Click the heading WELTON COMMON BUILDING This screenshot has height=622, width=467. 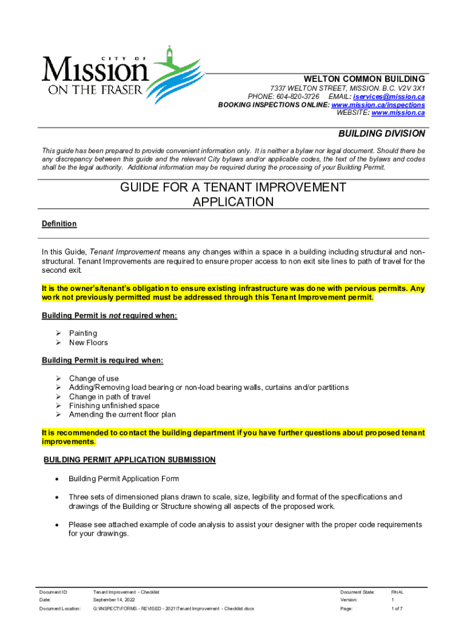[x=365, y=79]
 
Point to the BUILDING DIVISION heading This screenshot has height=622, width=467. [x=381, y=134]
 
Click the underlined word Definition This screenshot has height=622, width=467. [x=59, y=224]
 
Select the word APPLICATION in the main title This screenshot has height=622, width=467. [x=233, y=202]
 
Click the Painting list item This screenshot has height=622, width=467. [x=83, y=333]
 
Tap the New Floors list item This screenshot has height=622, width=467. [x=89, y=342]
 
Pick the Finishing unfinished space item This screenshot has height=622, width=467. [x=114, y=405]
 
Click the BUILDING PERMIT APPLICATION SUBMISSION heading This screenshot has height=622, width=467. [x=129, y=460]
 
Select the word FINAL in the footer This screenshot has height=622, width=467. [x=397, y=592]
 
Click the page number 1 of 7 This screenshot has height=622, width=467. [x=397, y=608]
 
